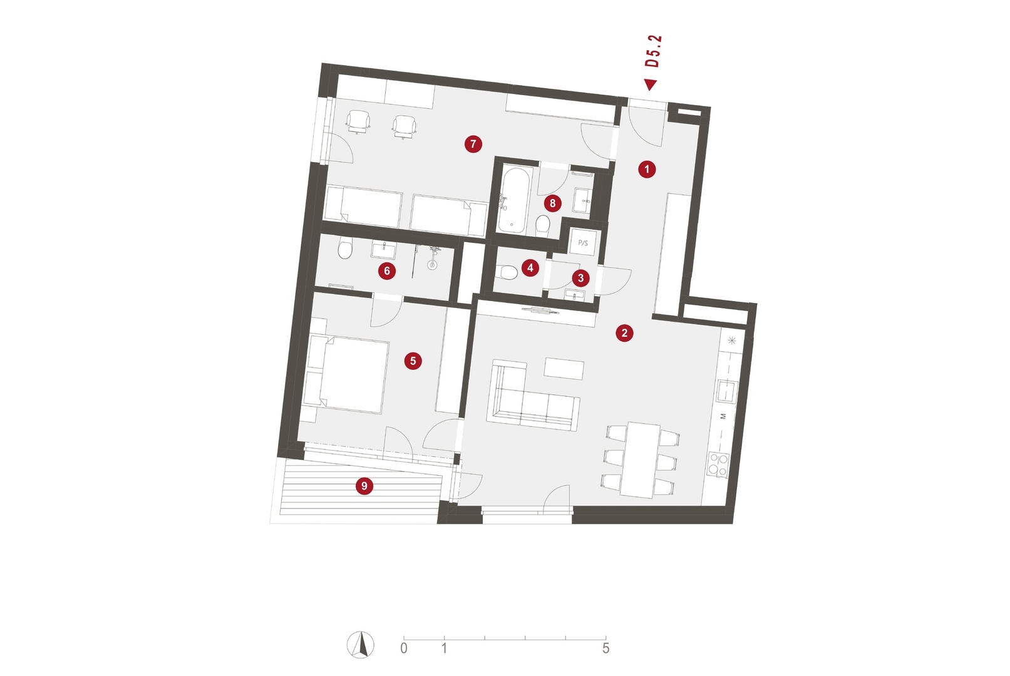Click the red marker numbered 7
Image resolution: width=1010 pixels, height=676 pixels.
coord(473,144)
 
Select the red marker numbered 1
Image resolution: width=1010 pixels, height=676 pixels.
coord(647,170)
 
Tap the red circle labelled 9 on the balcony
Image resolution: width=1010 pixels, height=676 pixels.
coord(364,486)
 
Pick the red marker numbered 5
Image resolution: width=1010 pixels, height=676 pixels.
coord(413,361)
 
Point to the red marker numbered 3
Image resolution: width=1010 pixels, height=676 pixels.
coord(580,278)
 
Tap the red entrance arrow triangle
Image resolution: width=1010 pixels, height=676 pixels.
coord(650,84)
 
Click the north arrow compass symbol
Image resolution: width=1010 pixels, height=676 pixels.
coord(360,645)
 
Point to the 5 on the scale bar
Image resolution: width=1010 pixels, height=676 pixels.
coord(605,648)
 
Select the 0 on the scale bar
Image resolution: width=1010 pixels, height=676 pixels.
coord(403,648)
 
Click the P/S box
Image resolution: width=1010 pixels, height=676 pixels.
coord(583,243)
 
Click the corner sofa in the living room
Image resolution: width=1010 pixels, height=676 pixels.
coord(532,395)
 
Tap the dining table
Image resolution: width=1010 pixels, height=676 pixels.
coord(641,459)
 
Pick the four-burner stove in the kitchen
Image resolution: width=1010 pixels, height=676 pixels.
coord(718,464)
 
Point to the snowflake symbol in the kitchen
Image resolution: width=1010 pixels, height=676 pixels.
coord(731,341)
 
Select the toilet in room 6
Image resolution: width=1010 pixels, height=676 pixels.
coord(345,249)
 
